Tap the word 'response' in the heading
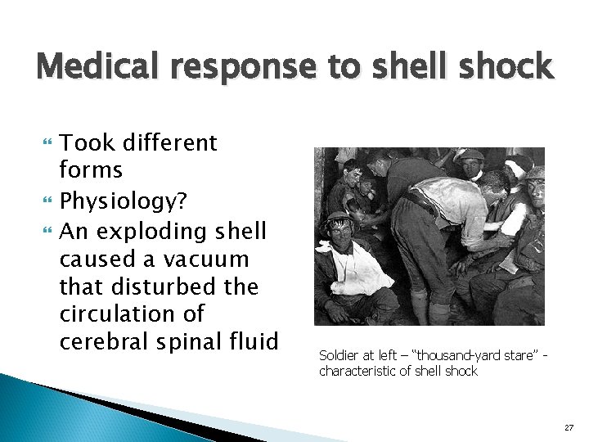coord(245,66)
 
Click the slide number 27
coord(569,427)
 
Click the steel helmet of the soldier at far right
coord(537,174)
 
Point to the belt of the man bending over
coord(420,201)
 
